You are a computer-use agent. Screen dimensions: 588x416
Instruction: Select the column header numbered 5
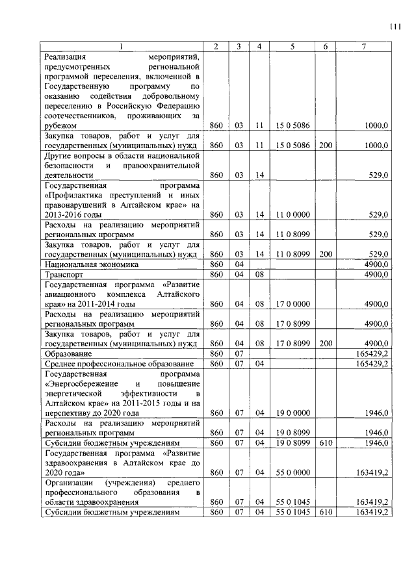pos(292,46)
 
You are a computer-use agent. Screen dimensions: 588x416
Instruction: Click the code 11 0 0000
pos(292,214)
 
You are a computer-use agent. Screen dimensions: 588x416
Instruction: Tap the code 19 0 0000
pos(292,413)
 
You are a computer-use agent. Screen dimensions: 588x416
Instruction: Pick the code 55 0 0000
pos(292,472)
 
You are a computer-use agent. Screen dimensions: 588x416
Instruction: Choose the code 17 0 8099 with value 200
pos(292,343)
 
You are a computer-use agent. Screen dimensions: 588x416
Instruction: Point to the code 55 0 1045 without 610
pos(292,502)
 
